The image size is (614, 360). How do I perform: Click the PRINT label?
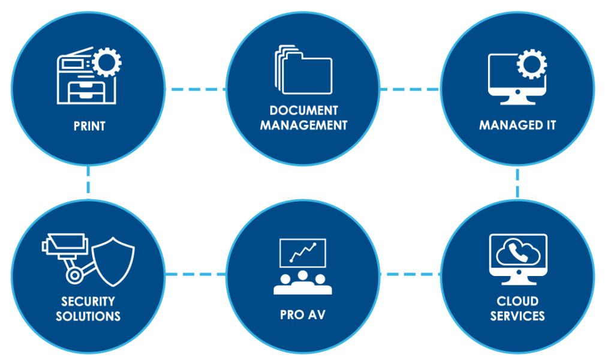[x=89, y=127]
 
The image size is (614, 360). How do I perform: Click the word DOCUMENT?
[x=303, y=111]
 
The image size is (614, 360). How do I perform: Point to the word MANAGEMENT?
[x=303, y=125]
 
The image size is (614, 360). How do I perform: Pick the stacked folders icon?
[x=303, y=70]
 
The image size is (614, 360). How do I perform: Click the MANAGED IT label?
[x=517, y=126]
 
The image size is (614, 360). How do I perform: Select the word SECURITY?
[x=88, y=301]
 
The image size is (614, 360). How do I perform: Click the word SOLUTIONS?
[x=88, y=316]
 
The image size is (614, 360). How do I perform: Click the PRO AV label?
[x=303, y=314]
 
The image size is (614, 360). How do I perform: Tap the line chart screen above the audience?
[x=303, y=253]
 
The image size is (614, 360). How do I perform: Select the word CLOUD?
[x=517, y=301]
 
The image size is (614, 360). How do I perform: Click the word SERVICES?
[x=517, y=316]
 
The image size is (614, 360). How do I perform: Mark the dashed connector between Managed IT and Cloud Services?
[x=517, y=182]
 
